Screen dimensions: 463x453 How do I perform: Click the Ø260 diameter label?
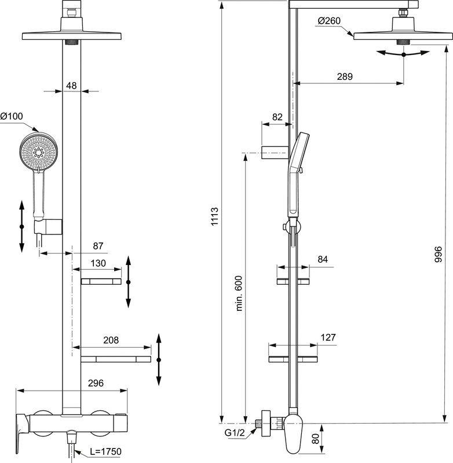[329, 22]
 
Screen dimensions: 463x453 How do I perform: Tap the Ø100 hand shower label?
[12, 116]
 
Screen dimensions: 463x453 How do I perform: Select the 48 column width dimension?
[71, 85]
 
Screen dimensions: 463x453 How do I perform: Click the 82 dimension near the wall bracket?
[277, 117]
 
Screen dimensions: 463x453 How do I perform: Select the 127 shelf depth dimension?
[327, 337]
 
